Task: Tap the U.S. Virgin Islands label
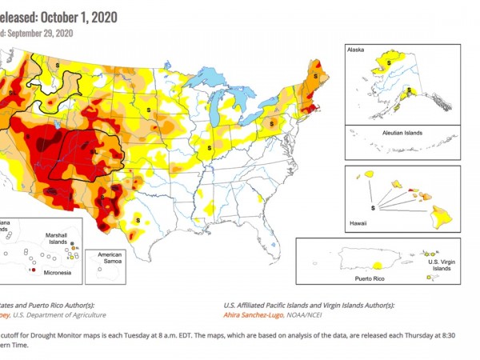pos(443,266)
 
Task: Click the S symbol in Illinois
pos(210,149)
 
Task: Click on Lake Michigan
pos(217,112)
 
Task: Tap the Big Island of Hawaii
pos(440,213)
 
